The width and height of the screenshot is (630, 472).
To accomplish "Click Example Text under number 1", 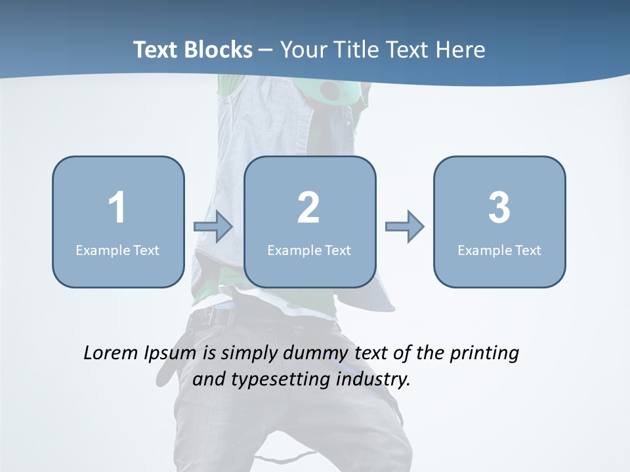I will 117,250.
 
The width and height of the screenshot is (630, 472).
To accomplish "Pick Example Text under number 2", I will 309,250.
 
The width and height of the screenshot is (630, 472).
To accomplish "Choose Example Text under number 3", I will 499,250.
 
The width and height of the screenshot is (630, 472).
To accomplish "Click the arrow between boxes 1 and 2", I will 214,227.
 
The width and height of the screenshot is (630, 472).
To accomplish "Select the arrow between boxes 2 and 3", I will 405,227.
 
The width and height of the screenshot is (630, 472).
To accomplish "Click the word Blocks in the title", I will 219,50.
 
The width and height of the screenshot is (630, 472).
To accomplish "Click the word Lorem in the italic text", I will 110,353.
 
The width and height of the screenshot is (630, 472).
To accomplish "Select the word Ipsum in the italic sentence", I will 171,354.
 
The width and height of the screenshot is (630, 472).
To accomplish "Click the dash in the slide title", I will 266,50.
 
